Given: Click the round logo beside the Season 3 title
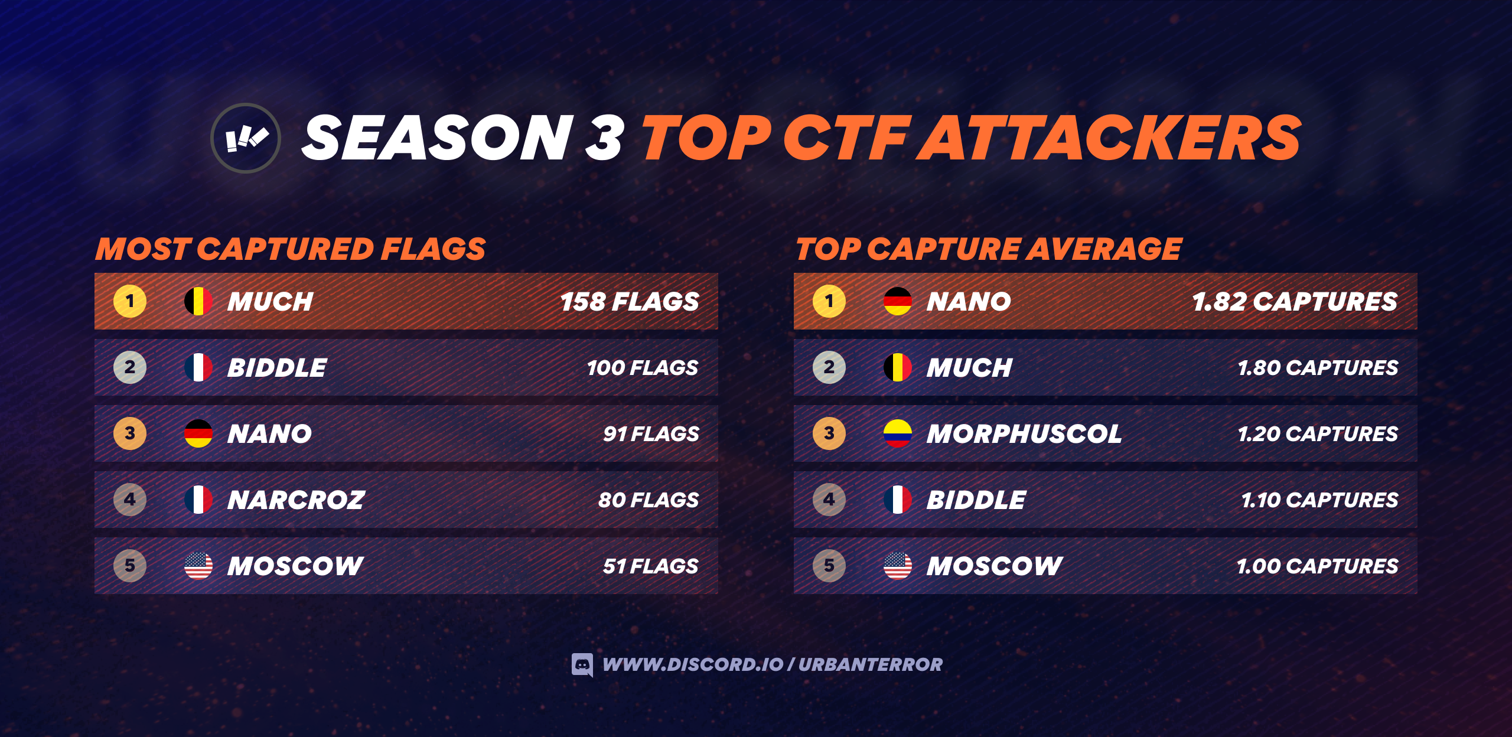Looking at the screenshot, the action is coord(246,138).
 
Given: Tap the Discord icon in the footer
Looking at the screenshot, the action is coord(582,665).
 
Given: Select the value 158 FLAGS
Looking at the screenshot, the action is coord(630,302).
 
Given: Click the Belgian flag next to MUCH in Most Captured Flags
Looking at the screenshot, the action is coord(198,301).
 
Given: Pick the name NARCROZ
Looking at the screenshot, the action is coord(296,500).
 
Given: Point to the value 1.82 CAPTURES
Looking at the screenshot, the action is coord(1295,302).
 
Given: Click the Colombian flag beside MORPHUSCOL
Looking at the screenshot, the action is coord(898,433).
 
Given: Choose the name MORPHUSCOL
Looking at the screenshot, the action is coord(1024,434).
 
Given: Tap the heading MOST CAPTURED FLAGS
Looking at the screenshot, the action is coord(291,249).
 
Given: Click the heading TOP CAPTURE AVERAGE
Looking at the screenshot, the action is coord(989,249).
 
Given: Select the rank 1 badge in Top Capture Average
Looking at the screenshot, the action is coord(829,301).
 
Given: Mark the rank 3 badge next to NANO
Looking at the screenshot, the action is coord(130,433).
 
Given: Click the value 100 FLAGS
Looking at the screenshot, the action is coord(643,368).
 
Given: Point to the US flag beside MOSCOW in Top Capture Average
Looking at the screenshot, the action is coord(898,566).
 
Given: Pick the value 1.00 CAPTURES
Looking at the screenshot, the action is coord(1318,566).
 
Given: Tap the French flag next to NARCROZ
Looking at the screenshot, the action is coord(198,500).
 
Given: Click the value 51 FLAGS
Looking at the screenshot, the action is coord(651,566).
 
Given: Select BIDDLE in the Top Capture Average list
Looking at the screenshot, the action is coord(976,500).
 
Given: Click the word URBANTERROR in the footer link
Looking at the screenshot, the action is coord(871,665).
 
